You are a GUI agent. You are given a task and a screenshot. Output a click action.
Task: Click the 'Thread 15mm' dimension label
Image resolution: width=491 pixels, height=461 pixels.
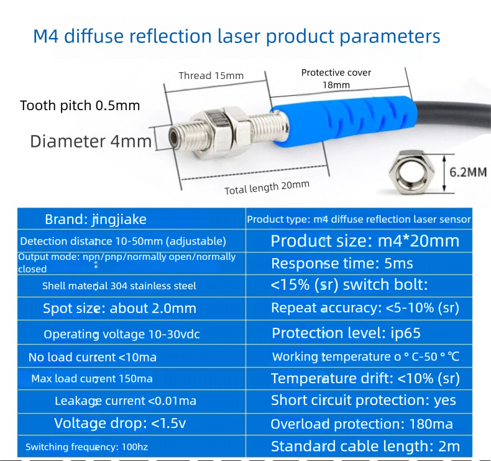211,75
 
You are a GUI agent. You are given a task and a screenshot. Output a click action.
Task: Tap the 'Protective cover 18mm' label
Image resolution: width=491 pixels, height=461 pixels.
336,78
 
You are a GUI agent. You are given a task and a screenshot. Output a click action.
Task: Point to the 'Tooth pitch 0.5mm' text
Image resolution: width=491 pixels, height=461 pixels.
80,106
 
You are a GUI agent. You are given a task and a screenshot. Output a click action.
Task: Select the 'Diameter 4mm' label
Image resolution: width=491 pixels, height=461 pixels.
91,141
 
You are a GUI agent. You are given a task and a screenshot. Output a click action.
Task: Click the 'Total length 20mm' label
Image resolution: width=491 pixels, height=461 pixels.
267,187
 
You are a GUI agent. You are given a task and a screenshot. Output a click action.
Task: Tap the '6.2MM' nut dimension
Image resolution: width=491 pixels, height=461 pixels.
468,172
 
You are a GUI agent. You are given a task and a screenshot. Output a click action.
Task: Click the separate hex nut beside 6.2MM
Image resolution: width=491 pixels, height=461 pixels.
411,172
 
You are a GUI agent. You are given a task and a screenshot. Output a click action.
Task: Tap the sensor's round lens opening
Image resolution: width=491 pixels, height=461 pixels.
173,138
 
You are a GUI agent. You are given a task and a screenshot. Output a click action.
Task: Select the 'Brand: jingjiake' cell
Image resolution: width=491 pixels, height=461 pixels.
132,219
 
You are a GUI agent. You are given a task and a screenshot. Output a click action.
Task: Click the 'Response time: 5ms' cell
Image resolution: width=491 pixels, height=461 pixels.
359,264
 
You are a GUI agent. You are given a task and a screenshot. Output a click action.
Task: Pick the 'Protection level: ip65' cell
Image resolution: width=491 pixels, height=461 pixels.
359,332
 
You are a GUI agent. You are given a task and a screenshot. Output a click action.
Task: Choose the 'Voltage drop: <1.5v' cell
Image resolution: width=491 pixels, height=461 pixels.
132,424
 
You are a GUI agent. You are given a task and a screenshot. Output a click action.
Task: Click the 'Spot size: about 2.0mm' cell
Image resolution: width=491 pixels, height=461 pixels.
132,309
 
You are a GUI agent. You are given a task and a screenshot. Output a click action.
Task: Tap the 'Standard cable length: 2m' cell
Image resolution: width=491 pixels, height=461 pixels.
359,446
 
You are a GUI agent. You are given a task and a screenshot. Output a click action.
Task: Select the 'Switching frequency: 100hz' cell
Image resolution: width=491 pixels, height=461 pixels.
132,446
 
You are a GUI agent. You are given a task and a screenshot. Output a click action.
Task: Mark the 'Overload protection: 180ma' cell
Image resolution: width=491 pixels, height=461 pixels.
359,424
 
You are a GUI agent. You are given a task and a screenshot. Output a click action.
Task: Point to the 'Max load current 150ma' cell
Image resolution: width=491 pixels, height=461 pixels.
132,379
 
